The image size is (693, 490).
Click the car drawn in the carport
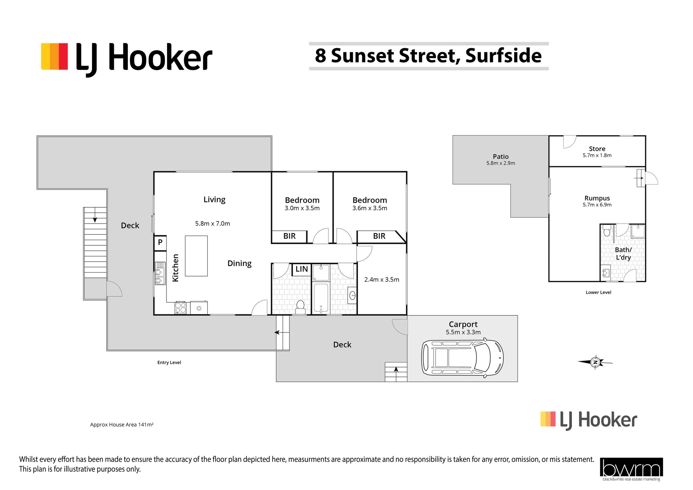coord(462,358)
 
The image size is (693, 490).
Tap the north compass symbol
coord(595,362)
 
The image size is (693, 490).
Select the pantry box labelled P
coord(160,243)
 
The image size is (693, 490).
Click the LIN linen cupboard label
coord(302,269)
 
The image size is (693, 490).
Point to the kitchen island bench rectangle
coord(196,256)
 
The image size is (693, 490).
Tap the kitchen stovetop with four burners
coord(181,308)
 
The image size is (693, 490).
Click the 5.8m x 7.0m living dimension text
coord(213,224)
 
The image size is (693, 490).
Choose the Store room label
coord(597,149)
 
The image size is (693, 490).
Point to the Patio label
coord(501,157)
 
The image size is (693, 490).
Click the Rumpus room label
coord(597,198)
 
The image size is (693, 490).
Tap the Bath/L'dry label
coord(623,254)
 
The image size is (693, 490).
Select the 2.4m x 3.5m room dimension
coord(382,280)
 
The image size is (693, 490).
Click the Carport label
coord(463,325)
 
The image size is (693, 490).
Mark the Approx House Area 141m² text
coord(122,425)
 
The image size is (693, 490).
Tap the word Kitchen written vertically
coord(176,268)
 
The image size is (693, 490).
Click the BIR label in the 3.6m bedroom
coord(379,236)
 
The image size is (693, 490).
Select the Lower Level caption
coord(598,292)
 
